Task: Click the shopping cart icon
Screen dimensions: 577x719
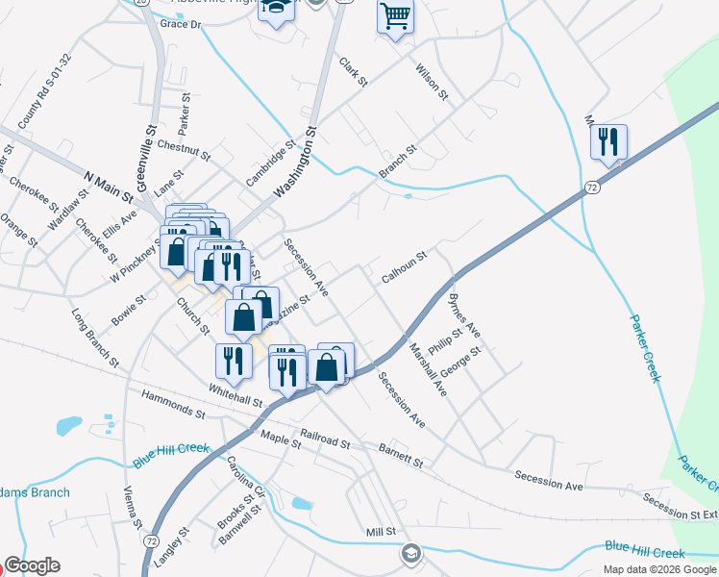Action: (395, 17)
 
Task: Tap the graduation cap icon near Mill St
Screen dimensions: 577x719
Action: (411, 553)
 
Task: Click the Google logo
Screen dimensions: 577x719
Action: (32, 565)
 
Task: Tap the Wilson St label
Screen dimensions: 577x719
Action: (432, 81)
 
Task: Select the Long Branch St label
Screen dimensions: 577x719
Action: (95, 339)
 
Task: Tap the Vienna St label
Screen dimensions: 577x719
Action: (133, 509)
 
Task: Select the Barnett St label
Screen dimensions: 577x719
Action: (400, 456)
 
